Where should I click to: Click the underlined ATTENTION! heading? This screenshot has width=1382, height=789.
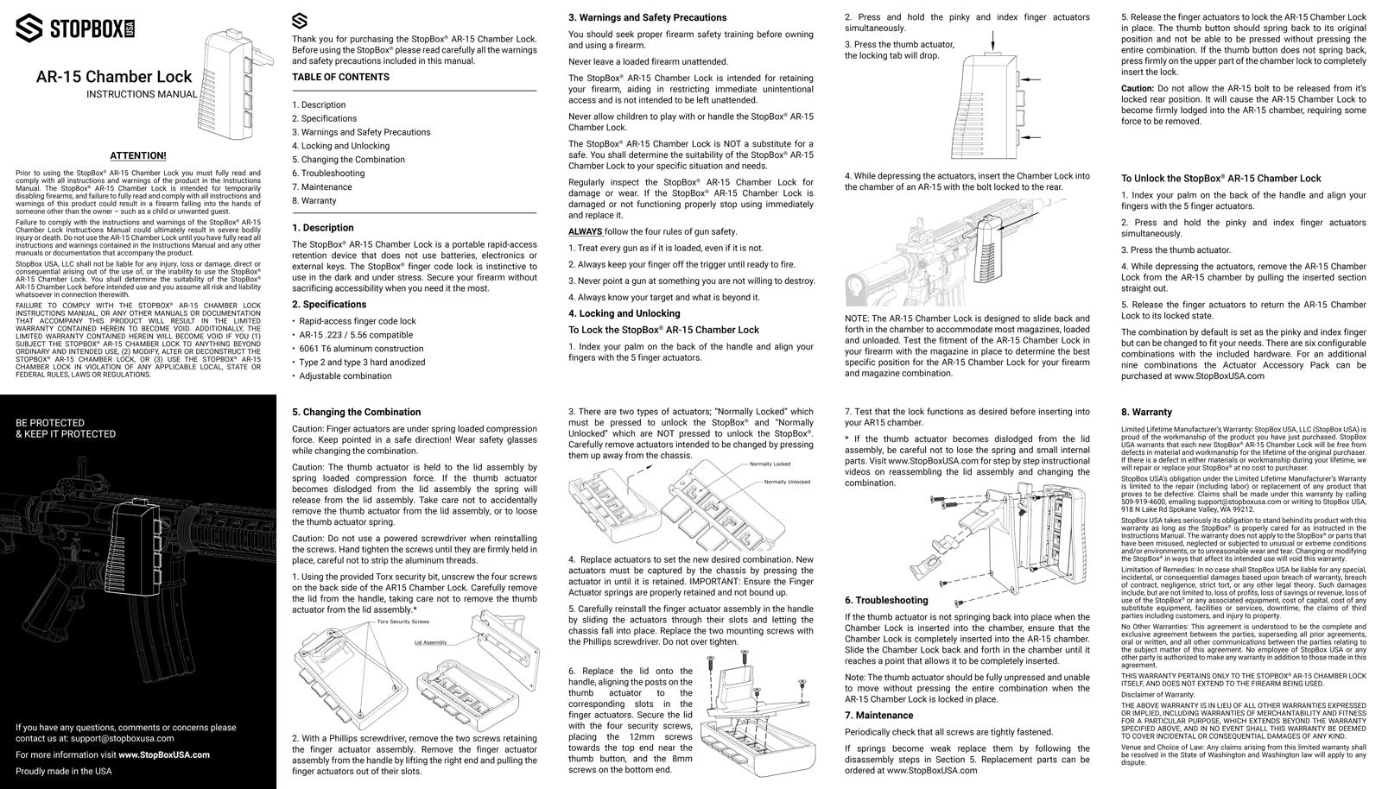coord(138,155)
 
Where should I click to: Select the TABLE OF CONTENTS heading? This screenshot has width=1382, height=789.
coord(340,77)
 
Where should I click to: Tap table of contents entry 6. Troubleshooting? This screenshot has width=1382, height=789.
coord(328,173)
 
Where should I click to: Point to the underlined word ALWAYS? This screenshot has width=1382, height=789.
coord(586,231)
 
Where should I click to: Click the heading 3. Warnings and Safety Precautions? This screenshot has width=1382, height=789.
coord(647,17)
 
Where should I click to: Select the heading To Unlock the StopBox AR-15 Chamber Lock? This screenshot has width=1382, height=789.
coord(1220,179)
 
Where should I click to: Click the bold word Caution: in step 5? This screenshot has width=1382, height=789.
coord(1138,88)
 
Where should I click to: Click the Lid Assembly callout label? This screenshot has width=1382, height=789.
coord(430,643)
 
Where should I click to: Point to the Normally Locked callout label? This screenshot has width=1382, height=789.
coord(770,464)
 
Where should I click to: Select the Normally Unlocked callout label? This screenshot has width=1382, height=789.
coord(787,482)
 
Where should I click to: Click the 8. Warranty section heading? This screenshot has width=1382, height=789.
coord(1146,413)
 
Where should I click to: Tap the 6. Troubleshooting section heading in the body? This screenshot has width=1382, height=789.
coord(885,600)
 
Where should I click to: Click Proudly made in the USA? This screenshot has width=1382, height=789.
coord(64,771)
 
